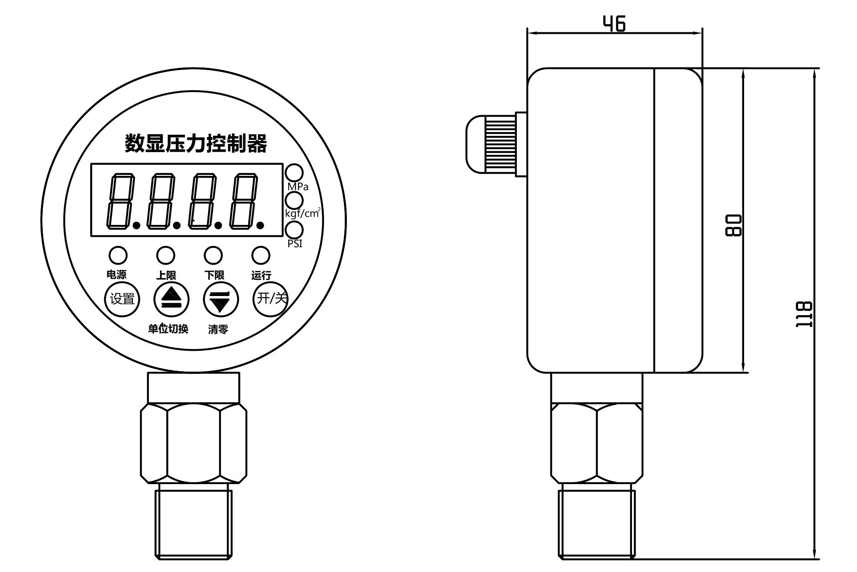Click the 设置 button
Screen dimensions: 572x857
[122, 299]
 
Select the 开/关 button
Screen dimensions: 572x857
[271, 299]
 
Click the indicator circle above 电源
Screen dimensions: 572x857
[117, 255]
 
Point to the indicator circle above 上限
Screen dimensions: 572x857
[165, 255]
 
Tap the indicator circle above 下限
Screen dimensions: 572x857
[213, 255]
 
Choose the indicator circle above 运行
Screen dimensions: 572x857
[260, 255]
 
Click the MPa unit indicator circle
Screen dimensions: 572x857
[294, 173]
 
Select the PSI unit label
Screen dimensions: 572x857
[295, 244]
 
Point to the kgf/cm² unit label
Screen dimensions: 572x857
[302, 213]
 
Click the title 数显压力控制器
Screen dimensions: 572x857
[196, 143]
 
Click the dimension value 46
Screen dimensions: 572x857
[614, 23]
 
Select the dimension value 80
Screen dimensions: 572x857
[733, 225]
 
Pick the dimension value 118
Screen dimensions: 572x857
[804, 314]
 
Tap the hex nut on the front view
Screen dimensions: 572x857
[194, 443]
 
